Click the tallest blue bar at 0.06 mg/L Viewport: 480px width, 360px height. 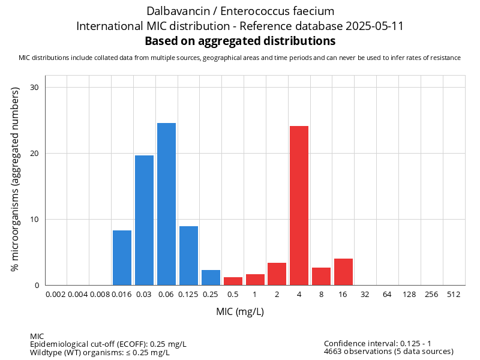[166, 204]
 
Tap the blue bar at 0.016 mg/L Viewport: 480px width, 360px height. [122, 257]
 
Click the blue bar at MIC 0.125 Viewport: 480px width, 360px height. [188, 256]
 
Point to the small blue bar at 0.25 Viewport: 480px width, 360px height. [211, 277]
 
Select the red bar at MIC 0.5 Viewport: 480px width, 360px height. [233, 281]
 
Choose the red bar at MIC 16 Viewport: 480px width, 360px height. [343, 272]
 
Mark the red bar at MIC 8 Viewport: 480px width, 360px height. [321, 276]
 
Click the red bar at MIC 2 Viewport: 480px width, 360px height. [277, 274]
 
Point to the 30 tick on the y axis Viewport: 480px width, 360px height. [34, 88]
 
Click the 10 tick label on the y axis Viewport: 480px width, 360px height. [34, 219]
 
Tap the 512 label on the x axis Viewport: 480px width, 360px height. [454, 295]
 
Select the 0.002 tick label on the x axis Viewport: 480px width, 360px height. [56, 295]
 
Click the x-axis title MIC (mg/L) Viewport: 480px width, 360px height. [240, 312]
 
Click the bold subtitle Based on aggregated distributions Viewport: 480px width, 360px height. [240, 41]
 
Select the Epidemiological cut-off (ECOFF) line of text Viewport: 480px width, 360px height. [108, 344]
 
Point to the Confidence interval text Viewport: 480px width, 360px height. [386, 343]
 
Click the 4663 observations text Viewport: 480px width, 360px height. [388, 352]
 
